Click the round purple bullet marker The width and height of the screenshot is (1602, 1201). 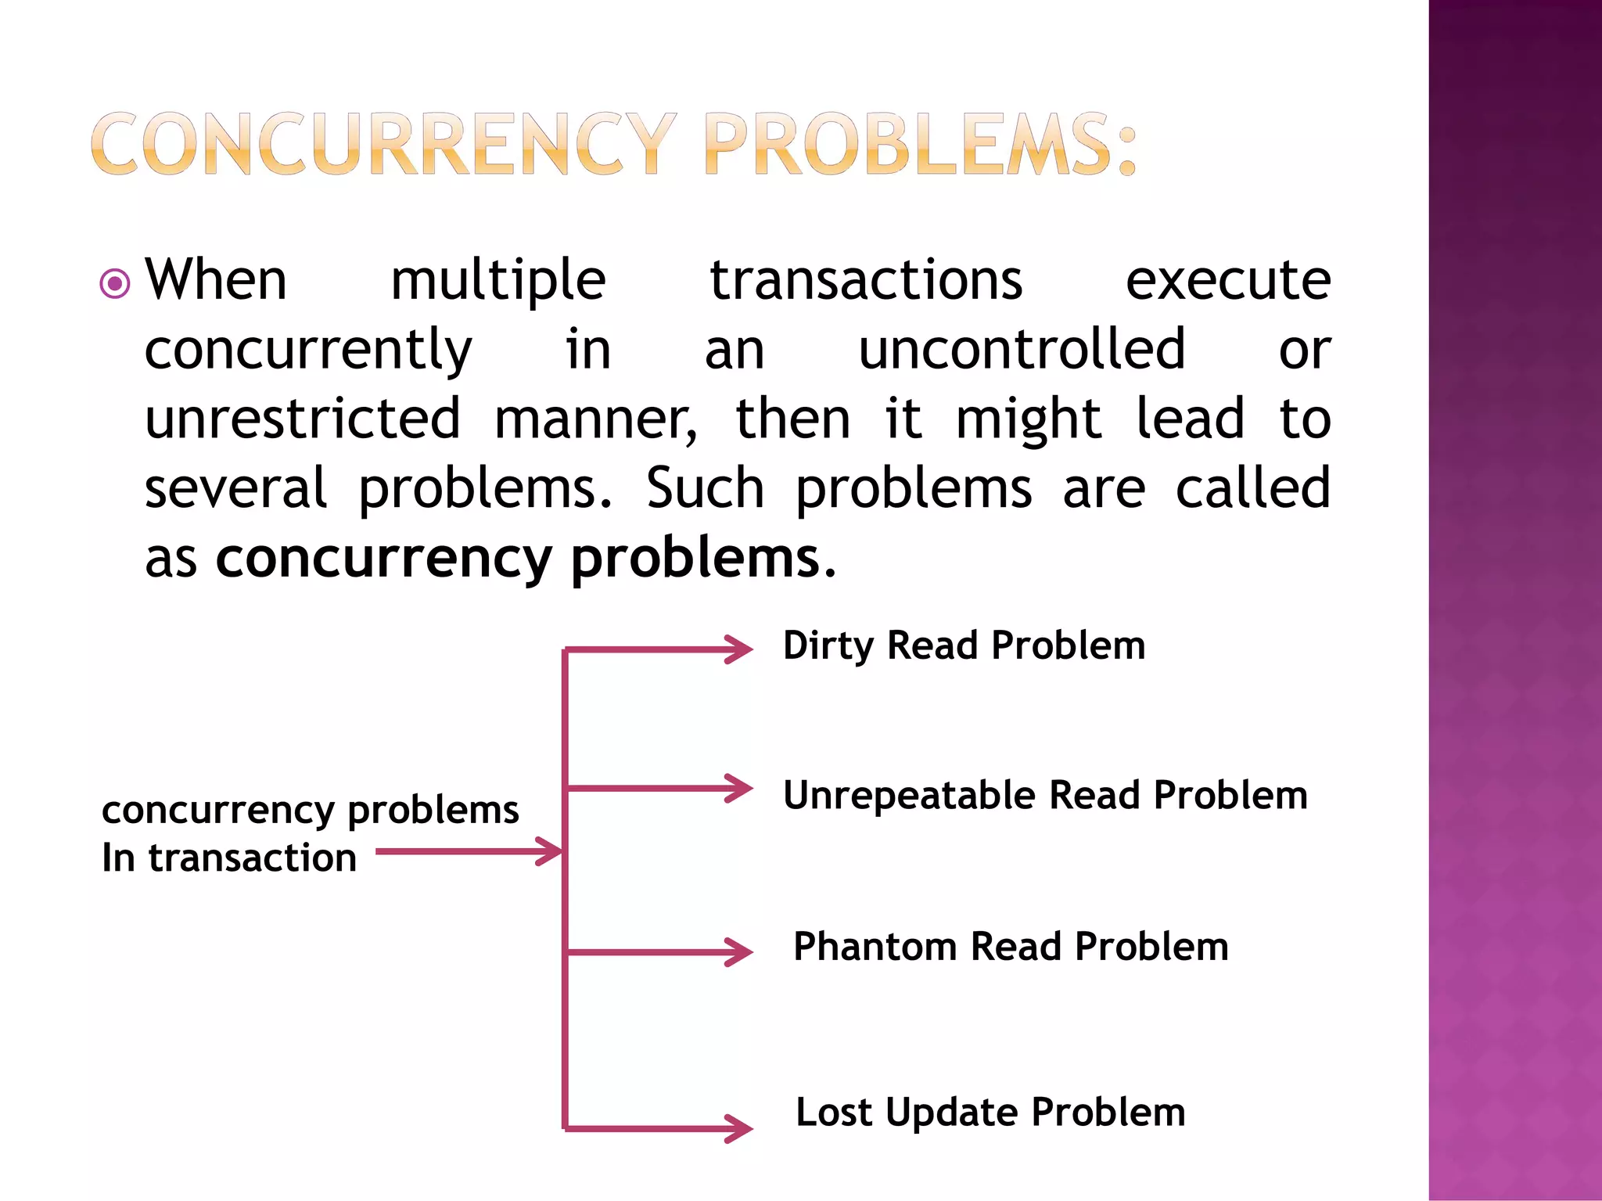[x=115, y=283]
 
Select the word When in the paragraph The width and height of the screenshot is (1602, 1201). [x=217, y=280]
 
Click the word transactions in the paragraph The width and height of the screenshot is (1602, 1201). [x=866, y=280]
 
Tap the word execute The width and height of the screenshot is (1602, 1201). [x=1228, y=280]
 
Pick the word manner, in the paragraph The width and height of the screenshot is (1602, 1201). [x=596, y=420]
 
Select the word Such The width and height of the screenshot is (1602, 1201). [x=705, y=487]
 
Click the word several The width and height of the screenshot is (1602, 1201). [x=235, y=487]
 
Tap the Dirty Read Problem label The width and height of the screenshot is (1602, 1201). [x=964, y=646]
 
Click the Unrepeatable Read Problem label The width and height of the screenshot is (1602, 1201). [x=1045, y=796]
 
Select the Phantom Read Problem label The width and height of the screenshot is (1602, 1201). [x=1011, y=947]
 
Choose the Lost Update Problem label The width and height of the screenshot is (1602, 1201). [x=990, y=1113]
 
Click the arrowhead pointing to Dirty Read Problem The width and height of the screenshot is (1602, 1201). [x=739, y=649]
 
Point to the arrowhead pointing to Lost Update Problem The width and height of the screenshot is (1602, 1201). [x=739, y=1128]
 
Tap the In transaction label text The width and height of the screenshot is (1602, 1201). [x=229, y=858]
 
